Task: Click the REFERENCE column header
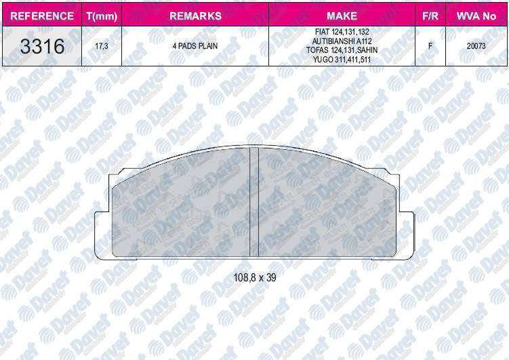coord(42,16)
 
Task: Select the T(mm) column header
coord(102,16)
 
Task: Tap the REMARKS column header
coord(195,16)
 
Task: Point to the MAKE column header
coord(342,16)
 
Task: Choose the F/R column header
coord(430,16)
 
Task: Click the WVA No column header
coord(476,16)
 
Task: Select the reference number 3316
coord(42,46)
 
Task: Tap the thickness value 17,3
coord(102,46)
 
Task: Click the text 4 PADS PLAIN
coord(195,46)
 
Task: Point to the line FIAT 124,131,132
coord(342,32)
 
